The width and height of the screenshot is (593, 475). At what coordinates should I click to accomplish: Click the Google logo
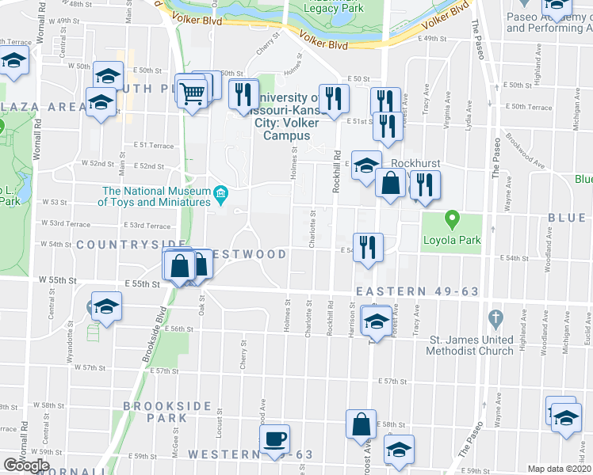26,465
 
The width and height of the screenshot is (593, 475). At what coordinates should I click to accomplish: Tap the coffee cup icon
275,439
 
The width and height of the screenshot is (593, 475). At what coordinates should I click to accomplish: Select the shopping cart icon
192,93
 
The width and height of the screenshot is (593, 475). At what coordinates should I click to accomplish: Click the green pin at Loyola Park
452,217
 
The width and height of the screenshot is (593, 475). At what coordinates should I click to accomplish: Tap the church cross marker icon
495,320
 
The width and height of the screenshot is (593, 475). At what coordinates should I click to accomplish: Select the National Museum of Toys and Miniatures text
155,196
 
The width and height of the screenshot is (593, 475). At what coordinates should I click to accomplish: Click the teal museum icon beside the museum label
221,192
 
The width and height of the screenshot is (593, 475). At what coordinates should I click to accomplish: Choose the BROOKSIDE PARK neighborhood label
155,412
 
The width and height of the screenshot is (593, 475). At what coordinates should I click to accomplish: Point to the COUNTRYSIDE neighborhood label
131,245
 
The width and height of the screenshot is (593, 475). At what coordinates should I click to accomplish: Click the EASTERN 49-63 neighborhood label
418,291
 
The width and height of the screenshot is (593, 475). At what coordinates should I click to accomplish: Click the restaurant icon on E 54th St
368,245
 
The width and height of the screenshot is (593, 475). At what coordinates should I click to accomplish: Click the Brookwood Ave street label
527,154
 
